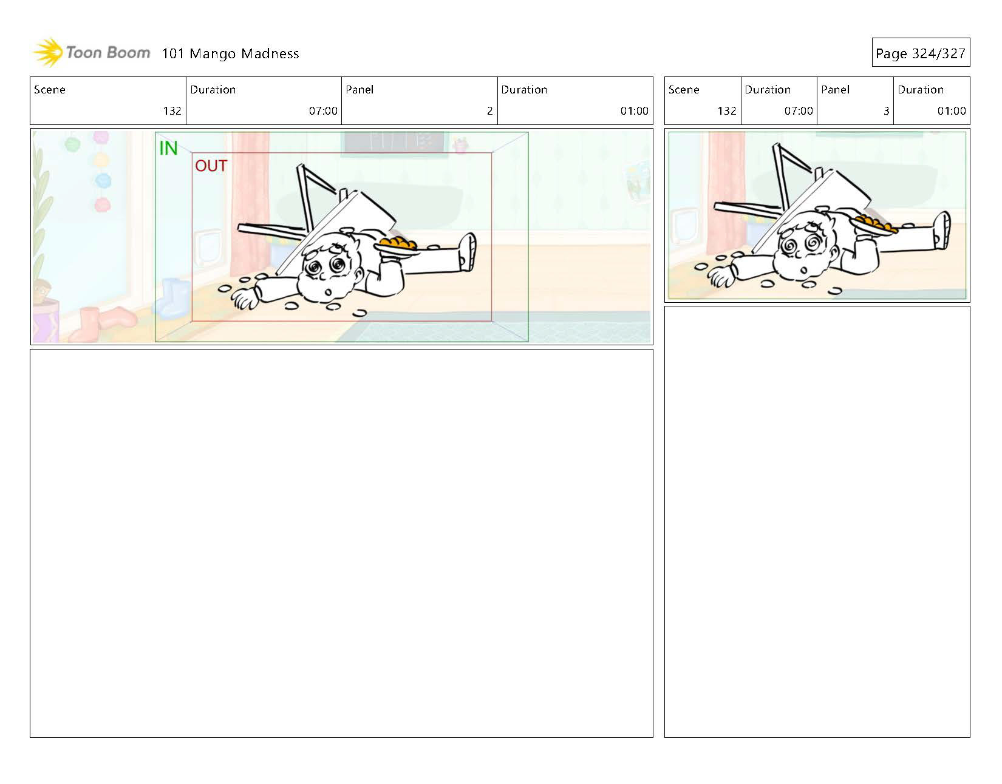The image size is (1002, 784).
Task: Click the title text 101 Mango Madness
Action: coord(231,54)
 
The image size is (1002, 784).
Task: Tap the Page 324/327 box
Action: coord(921,53)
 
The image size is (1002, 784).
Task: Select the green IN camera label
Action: coord(168,148)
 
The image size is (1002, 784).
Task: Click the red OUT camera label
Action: coord(211,166)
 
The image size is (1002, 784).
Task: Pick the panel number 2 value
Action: coord(489,111)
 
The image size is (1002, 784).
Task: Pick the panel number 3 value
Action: coord(886,111)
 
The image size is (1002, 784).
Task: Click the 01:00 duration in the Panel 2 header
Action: coord(634,111)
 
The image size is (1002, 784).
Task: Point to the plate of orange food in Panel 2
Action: coord(397,246)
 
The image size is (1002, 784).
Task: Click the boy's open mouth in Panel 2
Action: coord(328,292)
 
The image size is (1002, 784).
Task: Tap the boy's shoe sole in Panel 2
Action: coord(469,252)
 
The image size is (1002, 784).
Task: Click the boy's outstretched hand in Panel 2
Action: coord(244,299)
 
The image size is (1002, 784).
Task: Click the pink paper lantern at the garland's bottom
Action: coord(103,204)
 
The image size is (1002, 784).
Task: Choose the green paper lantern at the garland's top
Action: coord(73,144)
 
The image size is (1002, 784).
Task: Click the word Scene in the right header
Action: coord(684,90)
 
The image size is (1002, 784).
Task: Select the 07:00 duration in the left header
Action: coord(323,111)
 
